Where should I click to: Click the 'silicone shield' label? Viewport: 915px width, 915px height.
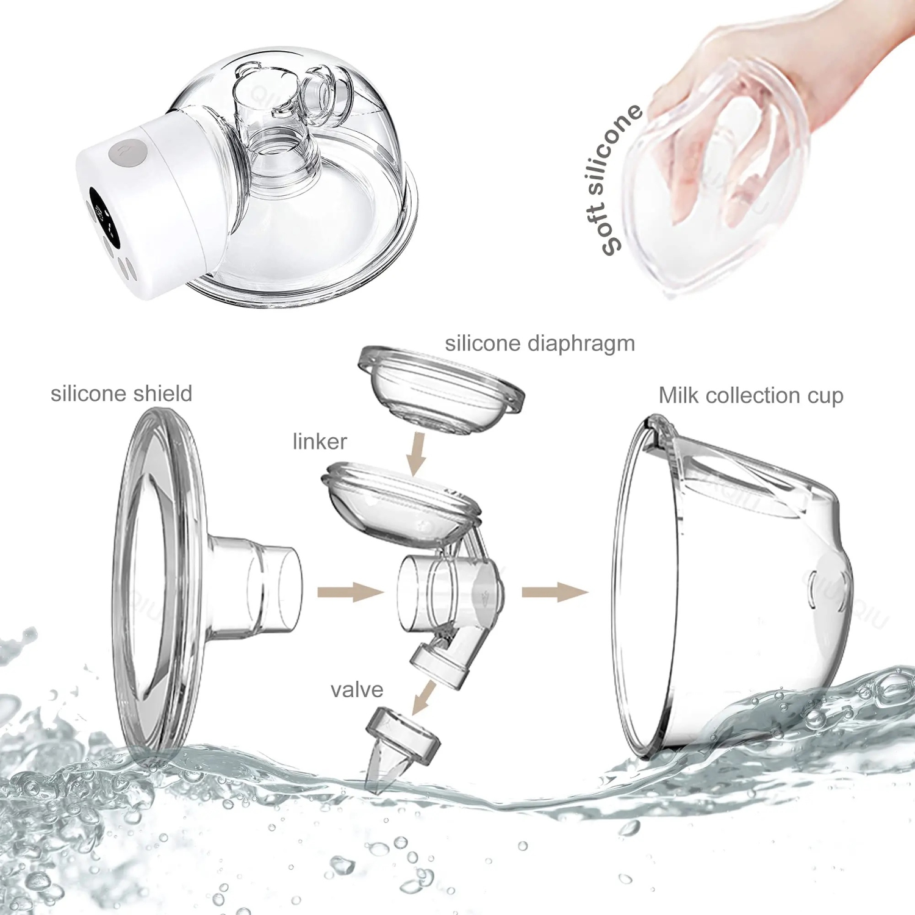point(121,393)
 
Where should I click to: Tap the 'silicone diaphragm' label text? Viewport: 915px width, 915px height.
point(540,343)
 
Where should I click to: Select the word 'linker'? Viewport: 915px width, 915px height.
point(320,441)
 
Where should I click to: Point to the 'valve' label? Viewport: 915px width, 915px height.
point(357,690)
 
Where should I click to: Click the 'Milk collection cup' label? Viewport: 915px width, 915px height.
point(751,395)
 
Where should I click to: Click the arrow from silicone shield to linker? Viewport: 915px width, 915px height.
point(350,592)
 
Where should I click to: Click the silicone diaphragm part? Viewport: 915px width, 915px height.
point(440,390)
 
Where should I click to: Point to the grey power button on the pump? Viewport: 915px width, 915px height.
point(127,152)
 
